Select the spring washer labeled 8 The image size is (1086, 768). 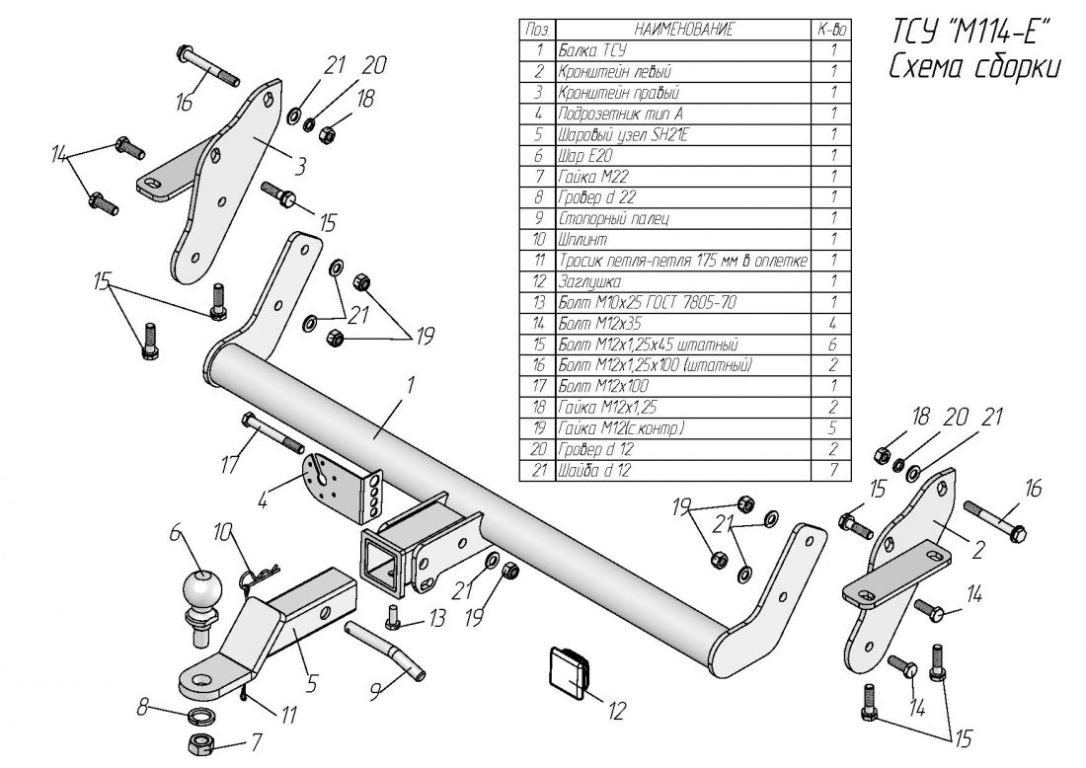[x=201, y=714]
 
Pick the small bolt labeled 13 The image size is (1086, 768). [x=394, y=617]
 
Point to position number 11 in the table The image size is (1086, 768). [x=539, y=261]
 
